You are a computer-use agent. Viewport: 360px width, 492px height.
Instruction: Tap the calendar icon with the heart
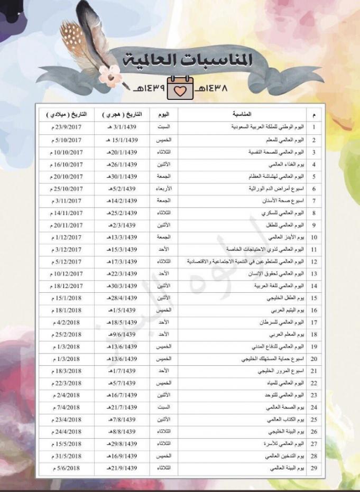(x=181, y=89)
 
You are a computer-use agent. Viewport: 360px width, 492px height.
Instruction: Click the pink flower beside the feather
(x=110, y=76)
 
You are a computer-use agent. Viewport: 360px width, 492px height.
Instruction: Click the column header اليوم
(x=164, y=114)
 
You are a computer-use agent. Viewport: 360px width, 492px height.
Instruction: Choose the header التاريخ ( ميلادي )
(x=67, y=114)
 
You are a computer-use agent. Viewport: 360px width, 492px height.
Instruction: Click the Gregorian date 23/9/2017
(x=68, y=127)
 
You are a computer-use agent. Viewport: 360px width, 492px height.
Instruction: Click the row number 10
(x=314, y=237)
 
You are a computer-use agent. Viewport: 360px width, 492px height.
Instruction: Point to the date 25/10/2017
(x=68, y=189)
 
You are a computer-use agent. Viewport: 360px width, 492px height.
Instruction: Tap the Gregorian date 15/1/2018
(x=68, y=298)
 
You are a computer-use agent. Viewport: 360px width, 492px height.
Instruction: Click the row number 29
(x=314, y=469)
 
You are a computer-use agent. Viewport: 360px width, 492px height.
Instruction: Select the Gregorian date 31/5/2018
(x=68, y=456)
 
